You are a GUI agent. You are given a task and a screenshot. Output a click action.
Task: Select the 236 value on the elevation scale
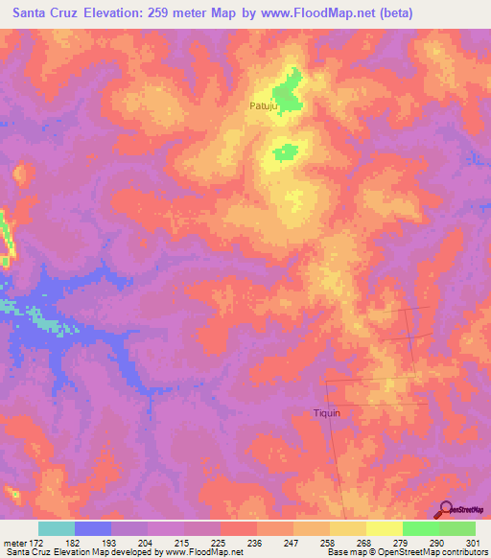tap(255, 543)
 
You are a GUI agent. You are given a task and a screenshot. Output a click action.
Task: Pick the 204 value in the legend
tap(146, 543)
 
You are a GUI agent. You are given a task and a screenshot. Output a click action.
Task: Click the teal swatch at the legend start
tap(57, 528)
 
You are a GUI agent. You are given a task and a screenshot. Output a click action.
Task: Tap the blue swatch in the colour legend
tap(93, 528)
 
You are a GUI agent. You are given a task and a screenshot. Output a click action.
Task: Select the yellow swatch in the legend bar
tap(384, 528)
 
